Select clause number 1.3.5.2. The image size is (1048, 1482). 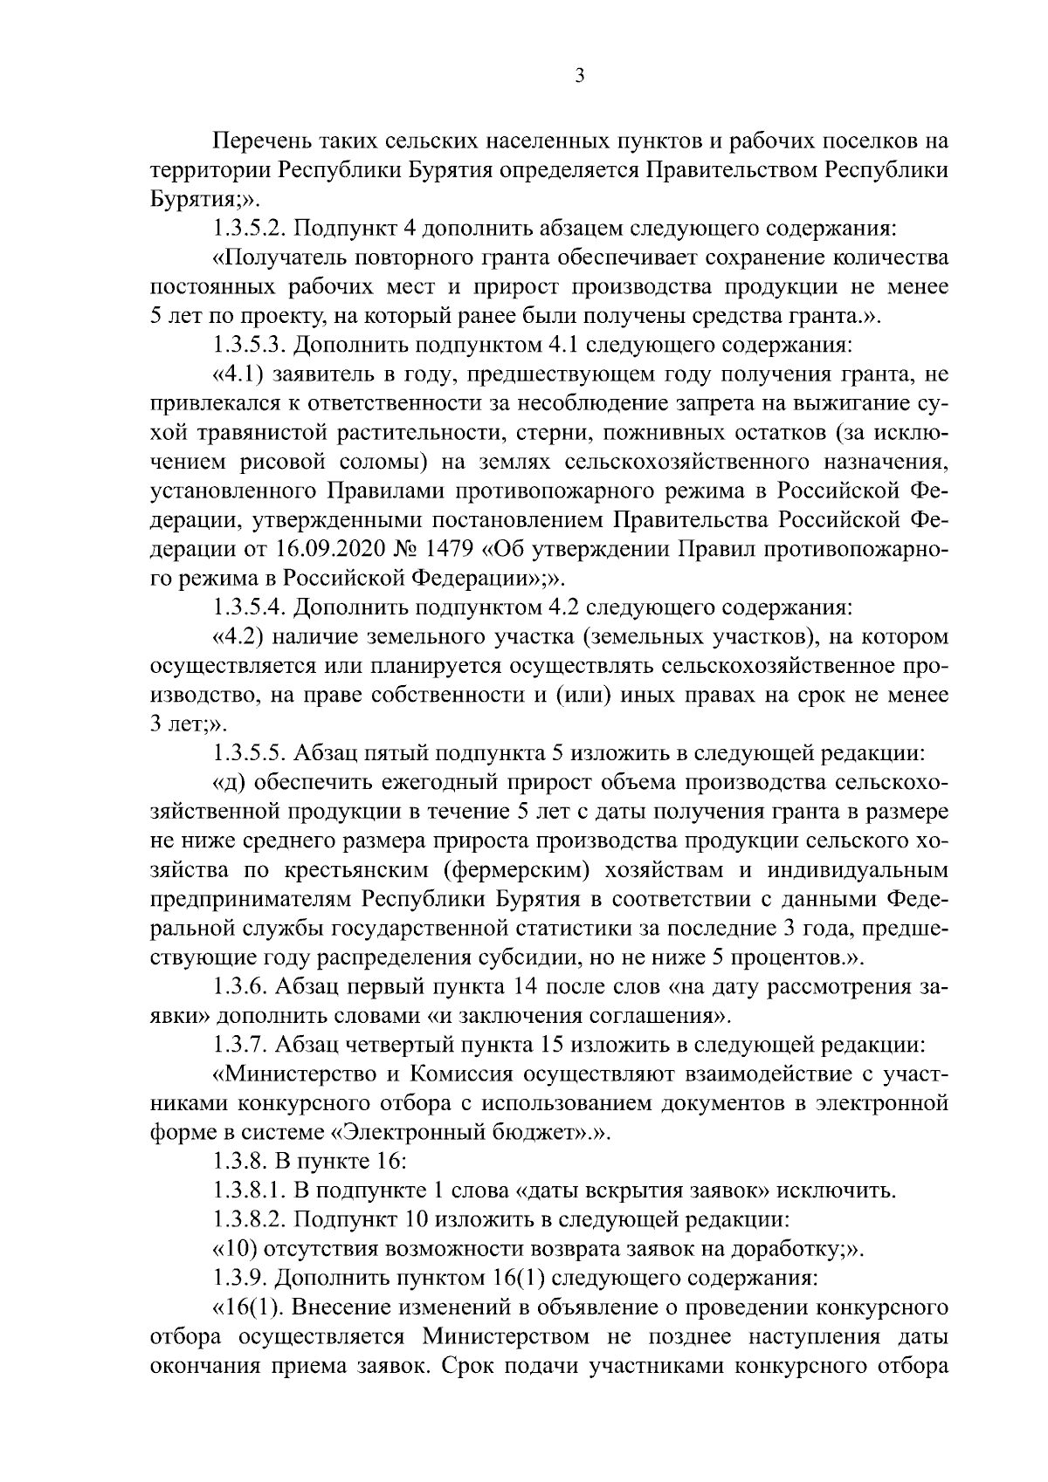pos(250,230)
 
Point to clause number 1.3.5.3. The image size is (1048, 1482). pos(250,346)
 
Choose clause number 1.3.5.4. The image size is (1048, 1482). pos(250,607)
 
